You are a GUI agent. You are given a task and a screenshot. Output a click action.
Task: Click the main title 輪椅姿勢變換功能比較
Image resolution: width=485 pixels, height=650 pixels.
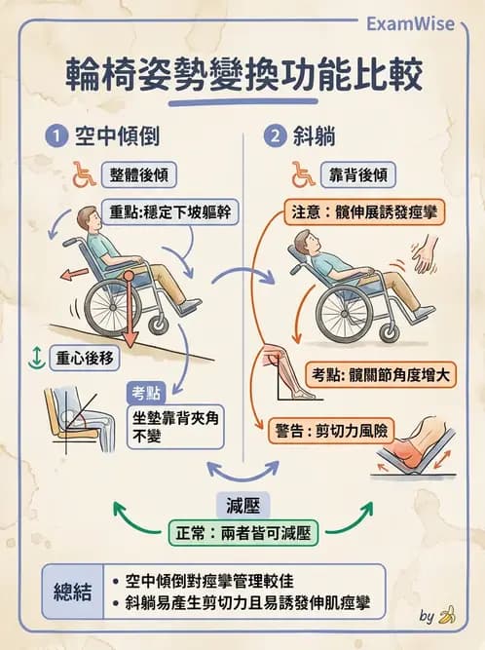click(243, 76)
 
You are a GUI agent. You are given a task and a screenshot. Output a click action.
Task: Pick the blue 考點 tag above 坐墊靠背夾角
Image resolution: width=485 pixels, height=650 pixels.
click(147, 393)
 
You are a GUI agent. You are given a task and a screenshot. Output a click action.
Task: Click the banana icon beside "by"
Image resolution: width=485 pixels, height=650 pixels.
click(447, 615)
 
